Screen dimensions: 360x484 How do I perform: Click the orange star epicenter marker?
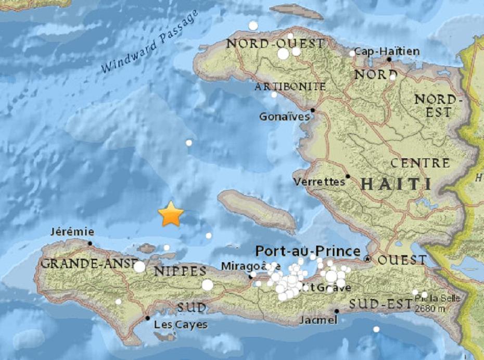coord(171,214)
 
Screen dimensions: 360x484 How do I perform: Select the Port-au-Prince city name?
coord(308,251)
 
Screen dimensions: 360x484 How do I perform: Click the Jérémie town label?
coord(73,232)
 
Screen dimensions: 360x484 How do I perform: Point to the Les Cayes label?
coord(181,325)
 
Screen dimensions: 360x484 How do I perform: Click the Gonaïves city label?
coord(284,117)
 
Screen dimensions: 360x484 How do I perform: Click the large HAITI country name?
coord(396,184)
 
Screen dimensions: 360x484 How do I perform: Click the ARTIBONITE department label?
coord(290,86)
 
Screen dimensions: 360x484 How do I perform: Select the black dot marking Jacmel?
coord(337,312)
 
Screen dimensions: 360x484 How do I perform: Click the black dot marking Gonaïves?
coord(313,110)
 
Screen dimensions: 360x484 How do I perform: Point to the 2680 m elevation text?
coord(430,307)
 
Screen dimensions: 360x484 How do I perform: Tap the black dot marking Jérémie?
coord(90,243)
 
